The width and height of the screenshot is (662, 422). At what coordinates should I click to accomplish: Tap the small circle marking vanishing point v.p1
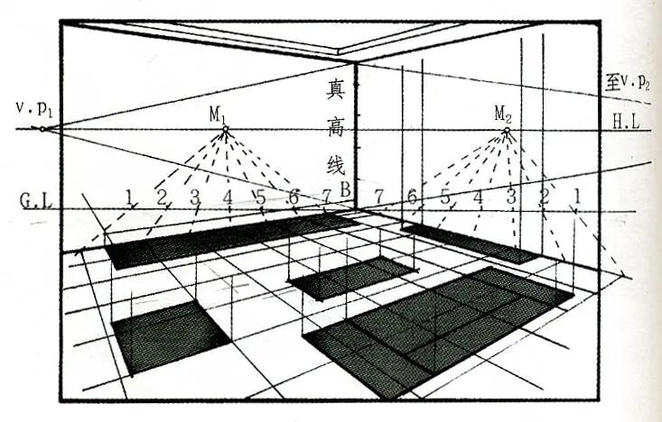tap(42, 129)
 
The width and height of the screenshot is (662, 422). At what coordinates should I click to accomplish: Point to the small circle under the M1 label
tap(225, 130)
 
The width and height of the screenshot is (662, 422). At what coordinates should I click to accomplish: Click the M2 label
tap(503, 114)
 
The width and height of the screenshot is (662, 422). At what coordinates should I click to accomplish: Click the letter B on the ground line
tap(344, 190)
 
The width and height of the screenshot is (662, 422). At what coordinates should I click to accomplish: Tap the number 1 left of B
tap(130, 196)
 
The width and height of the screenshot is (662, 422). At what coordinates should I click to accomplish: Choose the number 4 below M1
tap(228, 197)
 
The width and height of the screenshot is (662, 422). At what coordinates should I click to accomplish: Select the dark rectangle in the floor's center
tap(350, 278)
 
